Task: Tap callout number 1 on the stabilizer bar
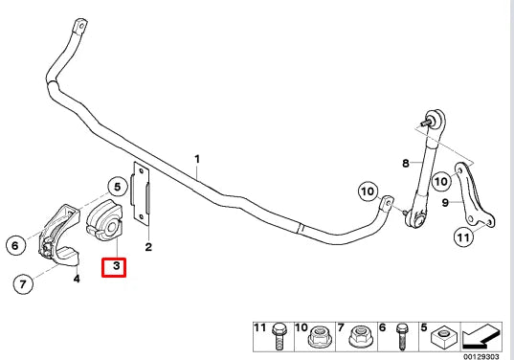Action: click(x=197, y=159)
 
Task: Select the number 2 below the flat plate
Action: click(x=148, y=248)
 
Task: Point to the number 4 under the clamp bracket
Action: click(x=77, y=279)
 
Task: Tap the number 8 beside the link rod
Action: click(x=406, y=164)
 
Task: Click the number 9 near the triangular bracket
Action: click(x=446, y=201)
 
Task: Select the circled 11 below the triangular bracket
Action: click(x=463, y=237)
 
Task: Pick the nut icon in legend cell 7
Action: click(x=360, y=335)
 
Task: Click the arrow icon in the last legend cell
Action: click(x=482, y=336)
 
